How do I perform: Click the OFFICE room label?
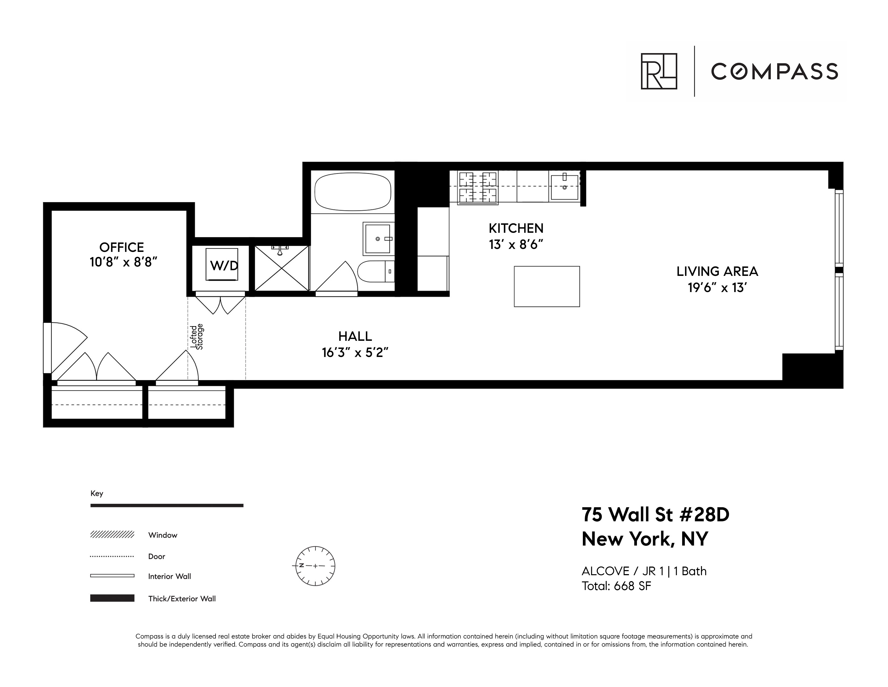tap(122, 247)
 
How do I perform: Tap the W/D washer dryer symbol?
tap(222, 265)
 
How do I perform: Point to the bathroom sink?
tap(378, 238)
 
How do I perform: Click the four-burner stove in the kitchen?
tap(478, 187)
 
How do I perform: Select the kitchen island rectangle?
tap(547, 287)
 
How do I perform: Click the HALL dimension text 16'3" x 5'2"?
tap(355, 352)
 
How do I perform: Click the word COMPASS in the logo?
tap(774, 72)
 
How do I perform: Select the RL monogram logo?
tap(659, 71)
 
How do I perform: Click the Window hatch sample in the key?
tap(112, 535)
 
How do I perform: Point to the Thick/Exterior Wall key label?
tap(182, 599)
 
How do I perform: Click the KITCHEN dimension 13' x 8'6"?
tap(516, 245)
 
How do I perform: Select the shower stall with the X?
tap(281, 269)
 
